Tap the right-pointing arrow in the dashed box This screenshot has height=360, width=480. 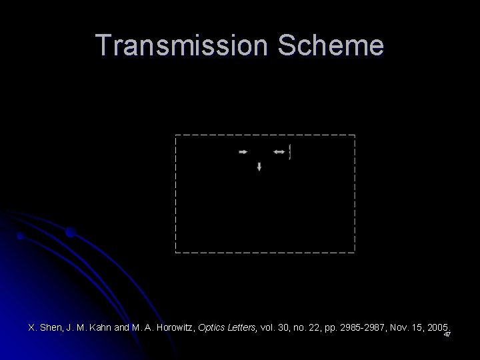coord(243,152)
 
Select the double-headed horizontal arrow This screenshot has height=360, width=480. coord(279,152)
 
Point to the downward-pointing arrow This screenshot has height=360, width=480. coord(259,167)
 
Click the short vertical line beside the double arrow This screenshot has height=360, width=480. coord(291,152)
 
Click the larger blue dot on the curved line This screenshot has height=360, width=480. coord(71,233)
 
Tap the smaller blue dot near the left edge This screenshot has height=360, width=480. coord(21,236)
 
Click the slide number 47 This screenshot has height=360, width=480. coord(447,335)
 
